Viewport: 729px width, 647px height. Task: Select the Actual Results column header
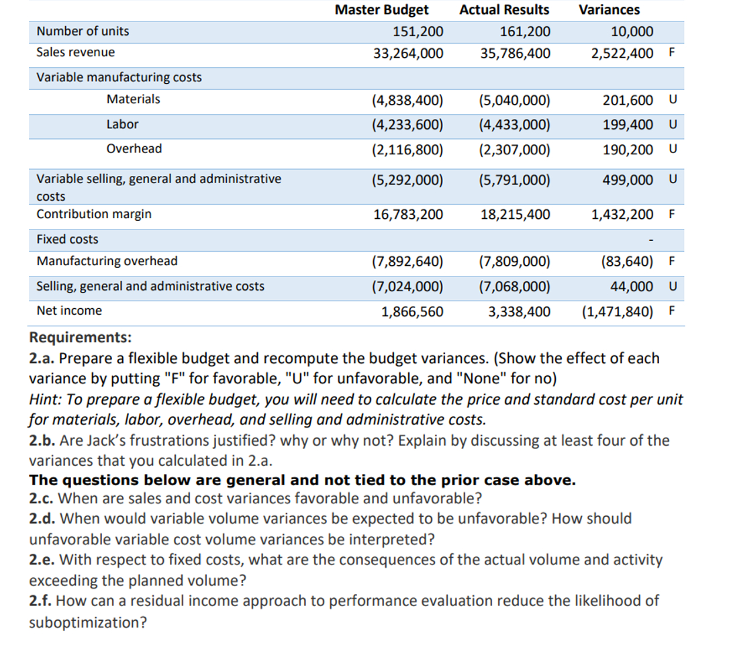[504, 10]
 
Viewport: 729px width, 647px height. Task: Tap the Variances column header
[609, 10]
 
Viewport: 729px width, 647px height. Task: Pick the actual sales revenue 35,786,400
[516, 52]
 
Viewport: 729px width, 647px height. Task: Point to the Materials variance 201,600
[628, 100]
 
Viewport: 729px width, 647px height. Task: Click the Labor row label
[122, 124]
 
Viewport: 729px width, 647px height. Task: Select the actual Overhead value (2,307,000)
[515, 149]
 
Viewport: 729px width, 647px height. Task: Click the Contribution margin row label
[94, 214]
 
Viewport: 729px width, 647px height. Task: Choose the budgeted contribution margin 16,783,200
[408, 215]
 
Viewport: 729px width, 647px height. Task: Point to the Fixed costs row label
[67, 240]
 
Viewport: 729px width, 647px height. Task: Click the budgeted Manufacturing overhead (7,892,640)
[407, 262]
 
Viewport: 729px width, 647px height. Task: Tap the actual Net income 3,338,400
[516, 311]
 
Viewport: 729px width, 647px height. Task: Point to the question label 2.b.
[43, 440]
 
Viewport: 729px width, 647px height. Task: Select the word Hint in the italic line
[45, 399]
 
